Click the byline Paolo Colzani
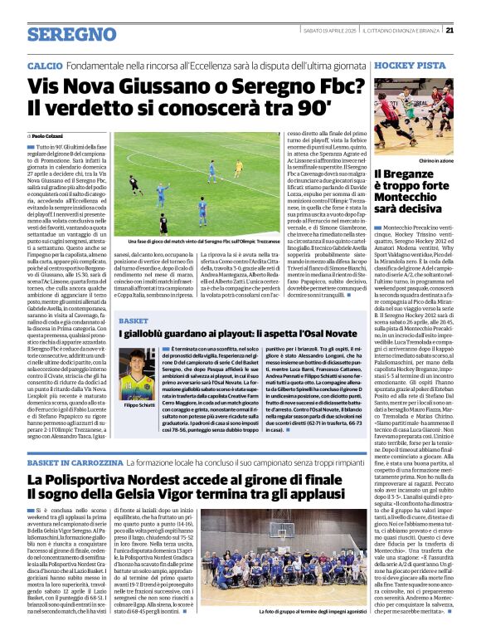pyautogui.click(x=50, y=135)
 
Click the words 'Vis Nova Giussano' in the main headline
pyautogui.click(x=120, y=86)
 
